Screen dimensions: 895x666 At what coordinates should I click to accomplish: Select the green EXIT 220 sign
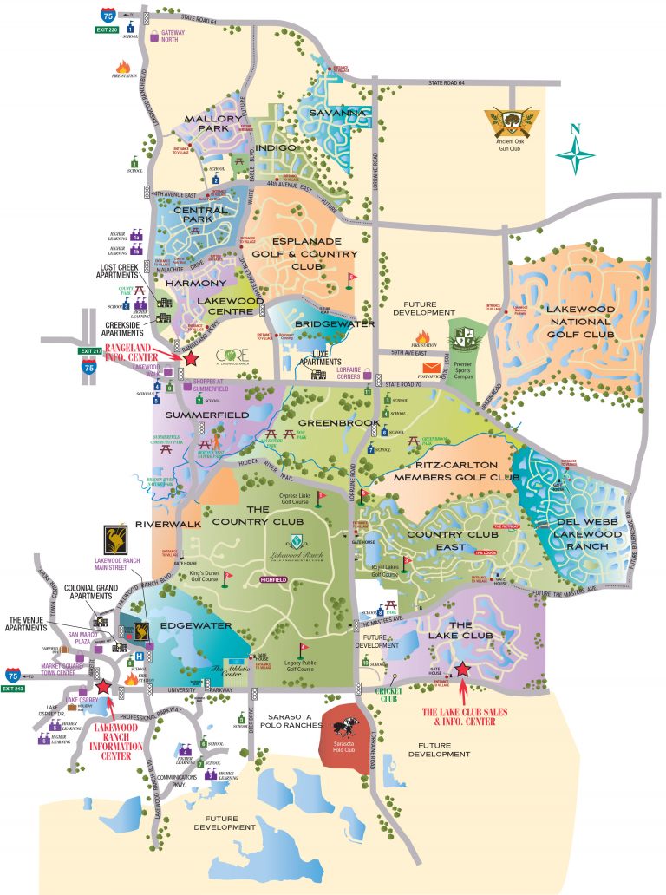(x=108, y=29)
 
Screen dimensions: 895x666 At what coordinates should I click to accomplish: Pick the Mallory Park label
(x=208, y=124)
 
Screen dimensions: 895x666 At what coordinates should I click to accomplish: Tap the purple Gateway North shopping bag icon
(x=155, y=36)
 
